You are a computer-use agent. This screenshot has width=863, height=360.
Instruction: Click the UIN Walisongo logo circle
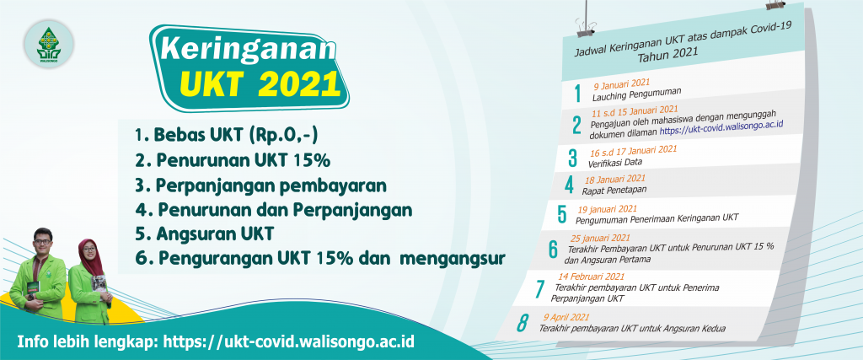pyautogui.click(x=49, y=44)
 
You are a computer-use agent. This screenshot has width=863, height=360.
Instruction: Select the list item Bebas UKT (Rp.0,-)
pyautogui.click(x=226, y=135)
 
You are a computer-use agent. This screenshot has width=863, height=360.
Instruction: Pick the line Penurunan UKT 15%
pyautogui.click(x=232, y=160)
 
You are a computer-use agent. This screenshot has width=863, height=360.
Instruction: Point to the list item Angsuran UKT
pyautogui.click(x=204, y=234)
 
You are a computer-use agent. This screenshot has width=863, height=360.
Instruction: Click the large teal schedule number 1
pyautogui.click(x=577, y=94)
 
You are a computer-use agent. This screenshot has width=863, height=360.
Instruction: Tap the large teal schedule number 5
pyautogui.click(x=561, y=213)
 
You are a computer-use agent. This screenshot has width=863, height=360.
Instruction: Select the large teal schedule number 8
pyautogui.click(x=522, y=323)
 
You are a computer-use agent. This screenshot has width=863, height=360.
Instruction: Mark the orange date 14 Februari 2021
pyautogui.click(x=591, y=277)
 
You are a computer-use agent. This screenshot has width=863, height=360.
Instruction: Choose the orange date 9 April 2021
pyautogui.click(x=566, y=318)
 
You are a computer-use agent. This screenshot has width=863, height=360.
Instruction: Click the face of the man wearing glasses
pyautogui.click(x=42, y=240)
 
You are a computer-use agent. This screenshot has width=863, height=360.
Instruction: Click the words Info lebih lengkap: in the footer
pyautogui.click(x=88, y=341)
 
